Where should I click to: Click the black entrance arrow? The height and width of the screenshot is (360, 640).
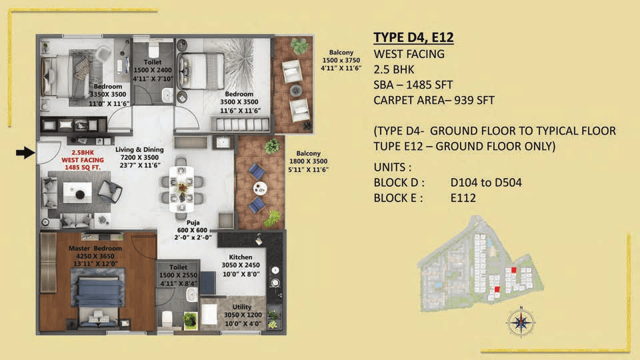pyautogui.click(x=25, y=153)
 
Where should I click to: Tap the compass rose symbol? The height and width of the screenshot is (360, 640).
pyautogui.click(x=521, y=323)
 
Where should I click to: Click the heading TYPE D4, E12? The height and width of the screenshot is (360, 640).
pyautogui.click(x=413, y=37)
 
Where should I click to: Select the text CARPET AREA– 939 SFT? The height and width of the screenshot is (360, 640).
pyautogui.click(x=434, y=101)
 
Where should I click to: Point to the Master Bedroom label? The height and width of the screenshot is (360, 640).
pyautogui.click(x=95, y=248)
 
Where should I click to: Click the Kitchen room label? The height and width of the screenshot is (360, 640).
pyautogui.click(x=241, y=257)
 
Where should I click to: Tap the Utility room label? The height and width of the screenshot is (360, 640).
pyautogui.click(x=241, y=307)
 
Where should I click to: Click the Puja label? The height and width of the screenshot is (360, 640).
pyautogui.click(x=193, y=223)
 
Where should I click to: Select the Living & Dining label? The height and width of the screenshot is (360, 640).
pyautogui.click(x=139, y=149)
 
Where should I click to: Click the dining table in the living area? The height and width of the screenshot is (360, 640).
pyautogui.click(x=181, y=189)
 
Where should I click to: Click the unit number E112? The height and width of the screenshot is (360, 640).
pyautogui.click(x=463, y=198)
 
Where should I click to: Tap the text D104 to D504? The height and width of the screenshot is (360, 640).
pyautogui.click(x=486, y=183)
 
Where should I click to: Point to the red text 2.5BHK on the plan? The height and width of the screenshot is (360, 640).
pyautogui.click(x=83, y=153)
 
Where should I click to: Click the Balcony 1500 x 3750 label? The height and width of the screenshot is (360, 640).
pyautogui.click(x=341, y=60)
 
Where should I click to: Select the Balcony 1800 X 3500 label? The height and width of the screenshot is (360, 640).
pyautogui.click(x=308, y=161)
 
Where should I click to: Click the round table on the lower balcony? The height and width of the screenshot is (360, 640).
pyautogui.click(x=259, y=188)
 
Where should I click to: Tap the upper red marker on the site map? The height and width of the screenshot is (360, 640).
pyautogui.click(x=514, y=270)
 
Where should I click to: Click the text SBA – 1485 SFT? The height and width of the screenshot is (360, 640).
pyautogui.click(x=413, y=85)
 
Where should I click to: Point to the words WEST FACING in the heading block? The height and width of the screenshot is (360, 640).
pyautogui.click(x=409, y=54)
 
